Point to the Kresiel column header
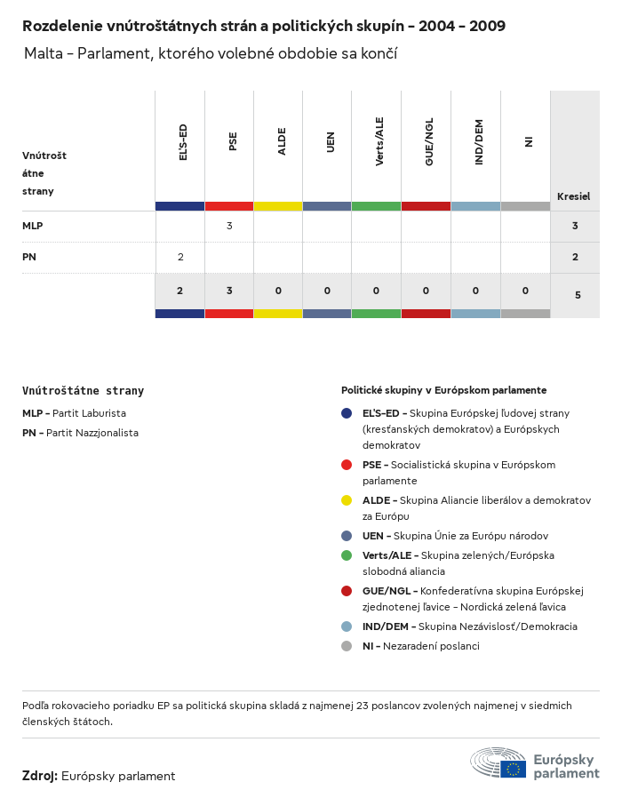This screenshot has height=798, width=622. click(x=573, y=196)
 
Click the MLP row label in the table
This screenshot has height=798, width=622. click(x=33, y=226)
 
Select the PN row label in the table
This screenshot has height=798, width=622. click(x=29, y=257)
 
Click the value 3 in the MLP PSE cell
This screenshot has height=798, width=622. click(x=229, y=226)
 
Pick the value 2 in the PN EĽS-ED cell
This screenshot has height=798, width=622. click(x=180, y=257)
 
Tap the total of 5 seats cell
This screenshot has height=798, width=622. click(x=578, y=294)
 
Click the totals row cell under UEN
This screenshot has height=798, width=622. click(x=327, y=291)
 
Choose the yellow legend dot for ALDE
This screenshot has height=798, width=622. click(x=347, y=500)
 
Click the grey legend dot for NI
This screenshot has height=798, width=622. click(x=347, y=646)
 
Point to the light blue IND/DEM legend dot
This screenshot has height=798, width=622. click(x=347, y=626)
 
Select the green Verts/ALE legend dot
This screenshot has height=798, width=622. click(x=347, y=555)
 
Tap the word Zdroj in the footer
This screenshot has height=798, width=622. click(x=40, y=776)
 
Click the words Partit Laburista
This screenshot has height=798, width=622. click(x=89, y=413)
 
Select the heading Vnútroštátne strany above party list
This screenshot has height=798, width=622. click(x=83, y=390)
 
